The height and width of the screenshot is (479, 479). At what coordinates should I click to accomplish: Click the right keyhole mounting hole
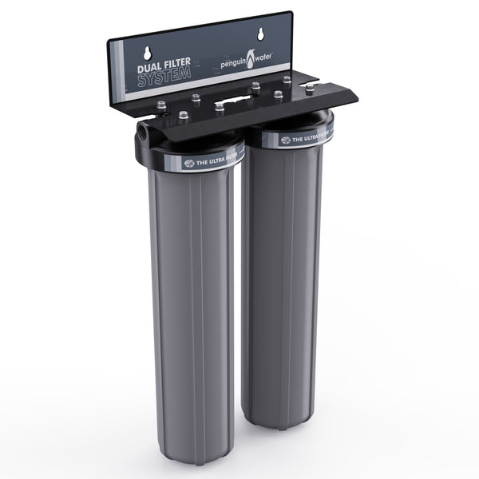pyautogui.click(x=260, y=34)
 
